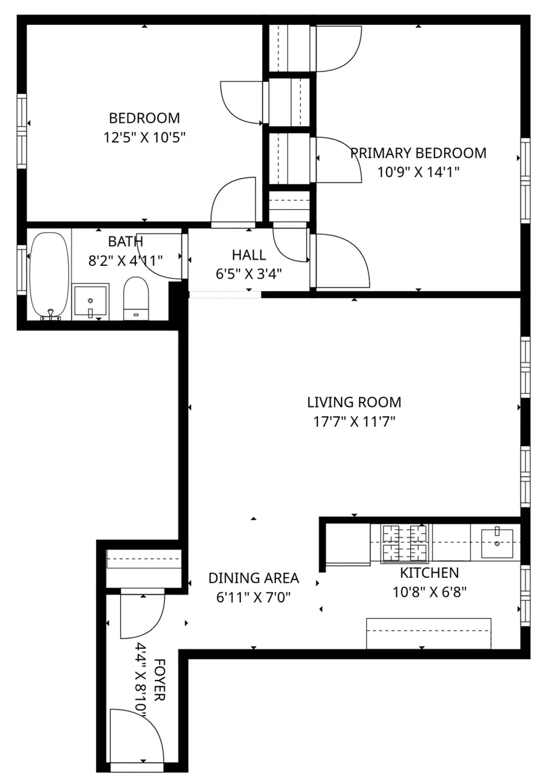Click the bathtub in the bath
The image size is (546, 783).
[49, 275]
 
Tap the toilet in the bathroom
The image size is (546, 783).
[136, 298]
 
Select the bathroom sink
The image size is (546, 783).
[90, 301]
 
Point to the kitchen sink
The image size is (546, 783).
[497, 542]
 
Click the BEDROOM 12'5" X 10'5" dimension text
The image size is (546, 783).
[144, 137]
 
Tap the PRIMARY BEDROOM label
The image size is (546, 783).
[419, 153]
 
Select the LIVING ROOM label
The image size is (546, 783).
[354, 402]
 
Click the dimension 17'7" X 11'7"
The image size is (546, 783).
[354, 421]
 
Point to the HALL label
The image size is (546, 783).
[249, 255]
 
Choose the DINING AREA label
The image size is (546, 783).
[254, 578]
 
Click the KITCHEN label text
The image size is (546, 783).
[429, 572]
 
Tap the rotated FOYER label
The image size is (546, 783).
[160, 680]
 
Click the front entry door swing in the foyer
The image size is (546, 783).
[136, 736]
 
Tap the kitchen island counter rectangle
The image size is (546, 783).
[428, 633]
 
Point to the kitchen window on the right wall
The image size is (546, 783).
[525, 595]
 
